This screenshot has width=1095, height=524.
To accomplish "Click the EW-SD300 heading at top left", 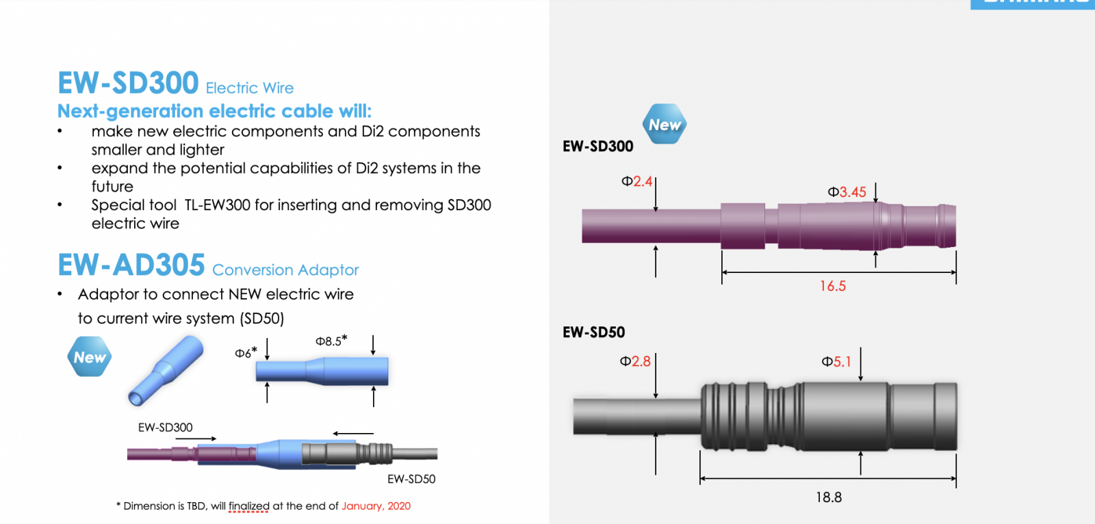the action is click(128, 83).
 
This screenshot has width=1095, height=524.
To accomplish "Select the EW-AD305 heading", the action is click(131, 265).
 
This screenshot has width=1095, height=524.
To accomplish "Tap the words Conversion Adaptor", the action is click(285, 270).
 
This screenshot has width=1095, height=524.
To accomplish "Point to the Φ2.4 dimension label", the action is click(636, 182).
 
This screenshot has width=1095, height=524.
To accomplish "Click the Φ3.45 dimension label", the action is click(847, 192).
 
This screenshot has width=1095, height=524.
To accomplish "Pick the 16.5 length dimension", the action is click(832, 286).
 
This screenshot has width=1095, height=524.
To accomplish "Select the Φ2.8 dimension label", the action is click(635, 361).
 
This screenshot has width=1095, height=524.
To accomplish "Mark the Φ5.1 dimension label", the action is click(836, 362).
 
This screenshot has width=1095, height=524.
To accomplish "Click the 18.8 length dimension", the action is click(829, 497).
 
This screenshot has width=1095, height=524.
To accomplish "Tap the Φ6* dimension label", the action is click(246, 352).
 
